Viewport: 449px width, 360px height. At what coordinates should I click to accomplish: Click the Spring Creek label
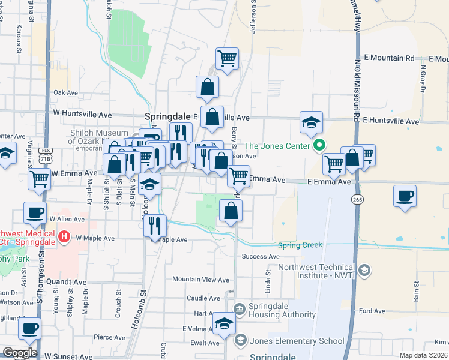(x=300, y=245)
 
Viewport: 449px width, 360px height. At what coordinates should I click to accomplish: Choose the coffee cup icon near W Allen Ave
(x=35, y=212)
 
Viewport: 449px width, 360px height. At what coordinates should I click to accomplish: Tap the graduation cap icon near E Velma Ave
(x=224, y=324)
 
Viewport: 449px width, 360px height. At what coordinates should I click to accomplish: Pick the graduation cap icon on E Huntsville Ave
(x=312, y=122)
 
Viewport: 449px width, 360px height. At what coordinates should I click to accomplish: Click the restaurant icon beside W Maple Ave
(x=155, y=226)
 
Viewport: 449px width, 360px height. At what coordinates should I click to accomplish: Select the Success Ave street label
(x=261, y=257)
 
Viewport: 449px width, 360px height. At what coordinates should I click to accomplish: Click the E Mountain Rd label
(x=393, y=58)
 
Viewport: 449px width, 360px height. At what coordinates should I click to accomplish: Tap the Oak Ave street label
(x=66, y=93)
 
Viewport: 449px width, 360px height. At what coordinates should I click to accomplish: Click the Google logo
(x=20, y=353)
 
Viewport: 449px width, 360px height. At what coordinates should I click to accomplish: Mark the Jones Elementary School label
(x=297, y=341)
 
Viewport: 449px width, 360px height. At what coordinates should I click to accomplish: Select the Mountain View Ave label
(x=200, y=280)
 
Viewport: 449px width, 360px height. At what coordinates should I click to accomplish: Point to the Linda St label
(x=268, y=278)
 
